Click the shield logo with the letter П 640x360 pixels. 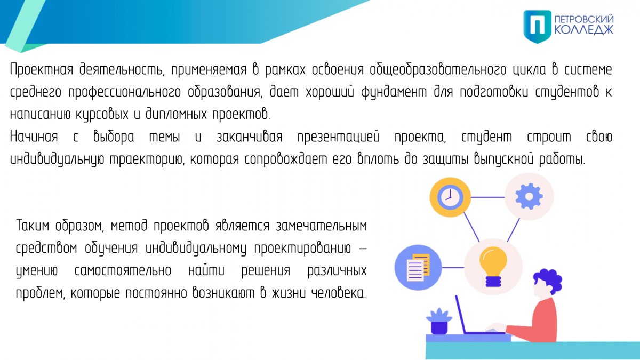tap(537, 27)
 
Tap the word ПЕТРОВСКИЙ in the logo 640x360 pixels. tap(583, 19)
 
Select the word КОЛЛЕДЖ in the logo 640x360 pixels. tap(583, 30)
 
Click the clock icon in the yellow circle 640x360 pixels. tap(450, 197)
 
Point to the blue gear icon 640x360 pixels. tap(529, 196)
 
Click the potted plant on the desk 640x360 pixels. tap(439, 321)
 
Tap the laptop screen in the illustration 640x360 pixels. tap(461, 314)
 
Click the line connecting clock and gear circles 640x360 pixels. tap(487, 197)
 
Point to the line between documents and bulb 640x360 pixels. tap(453, 268)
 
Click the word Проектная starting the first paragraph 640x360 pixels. tap(42, 69)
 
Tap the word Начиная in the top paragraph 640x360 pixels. tap(34, 137)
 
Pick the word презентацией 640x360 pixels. tap(339, 137)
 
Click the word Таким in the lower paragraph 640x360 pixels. tap(33, 226)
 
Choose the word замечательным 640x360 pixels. tap(322, 226)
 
